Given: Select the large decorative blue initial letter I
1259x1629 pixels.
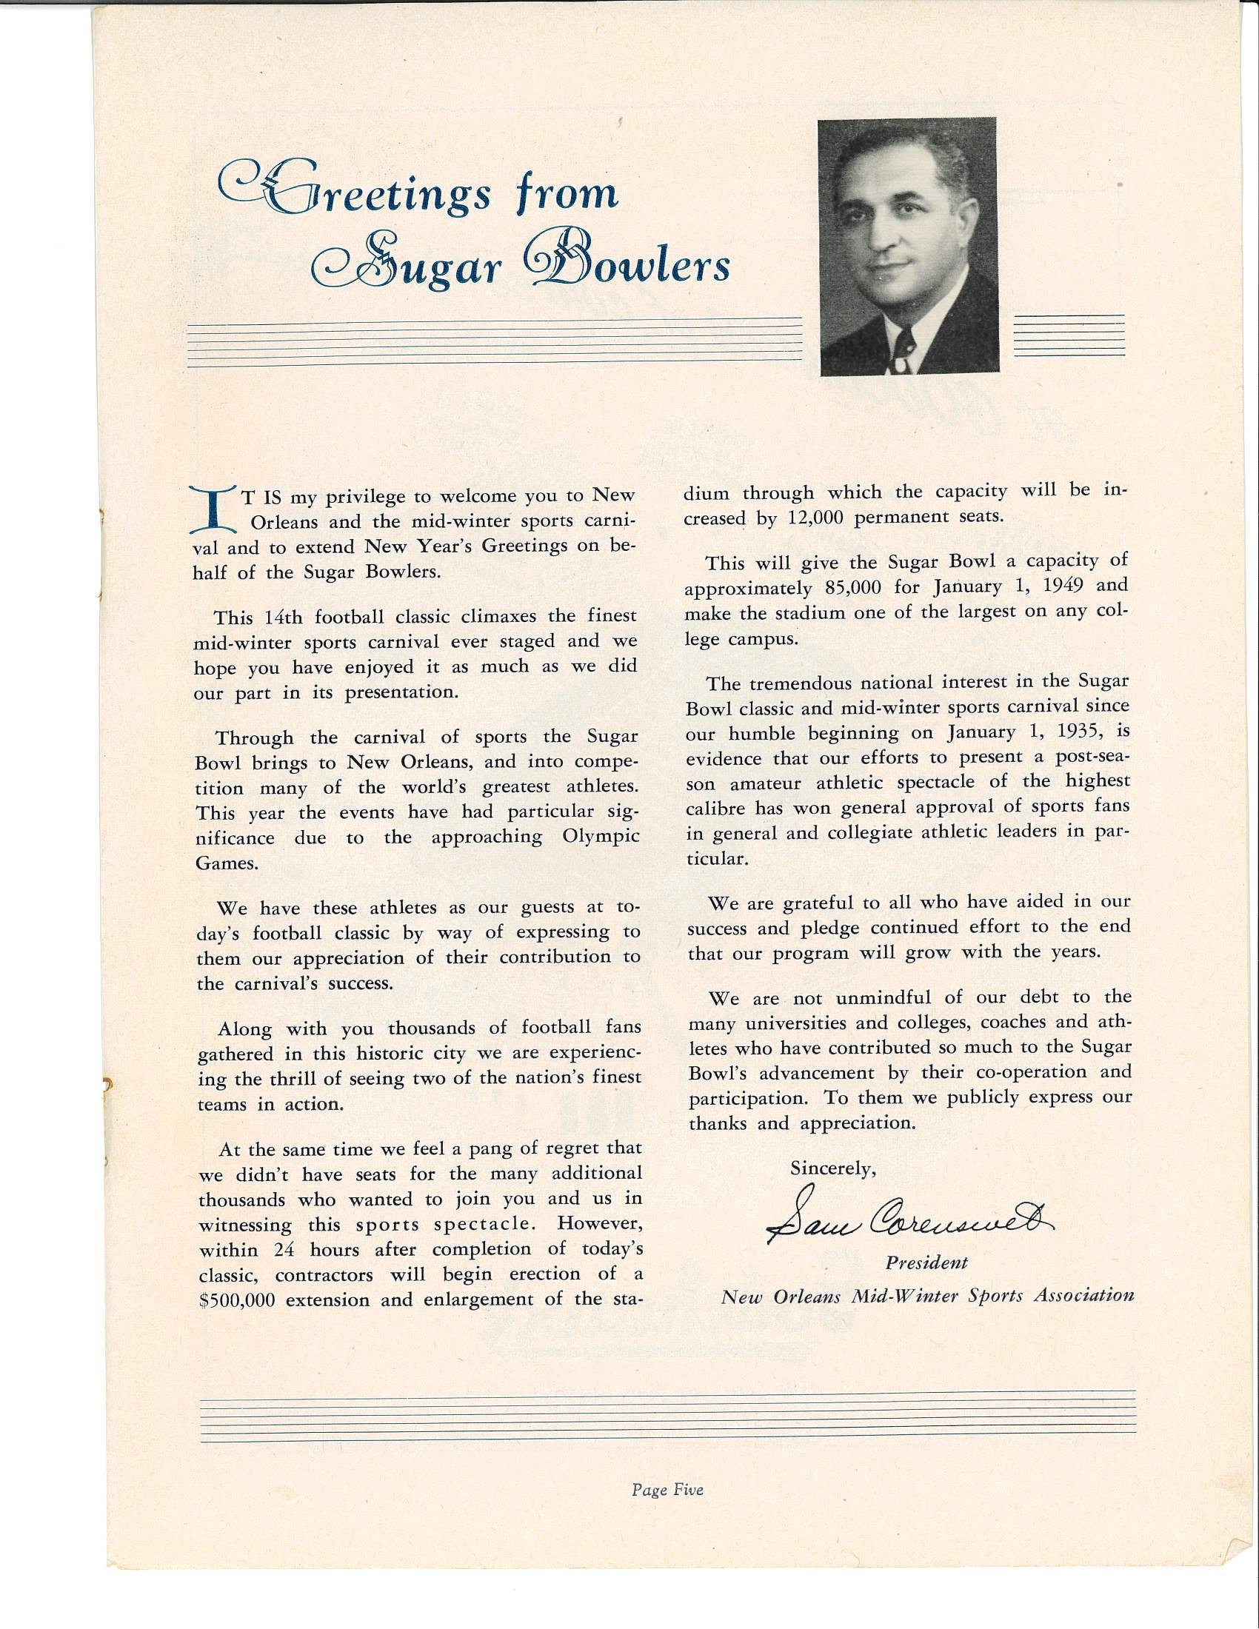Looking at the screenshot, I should click(213, 509).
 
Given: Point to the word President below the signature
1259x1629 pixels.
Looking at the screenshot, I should click(926, 1262).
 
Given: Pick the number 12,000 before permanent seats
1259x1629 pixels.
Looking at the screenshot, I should click(815, 518).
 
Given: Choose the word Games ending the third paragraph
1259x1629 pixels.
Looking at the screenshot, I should click(225, 863).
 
